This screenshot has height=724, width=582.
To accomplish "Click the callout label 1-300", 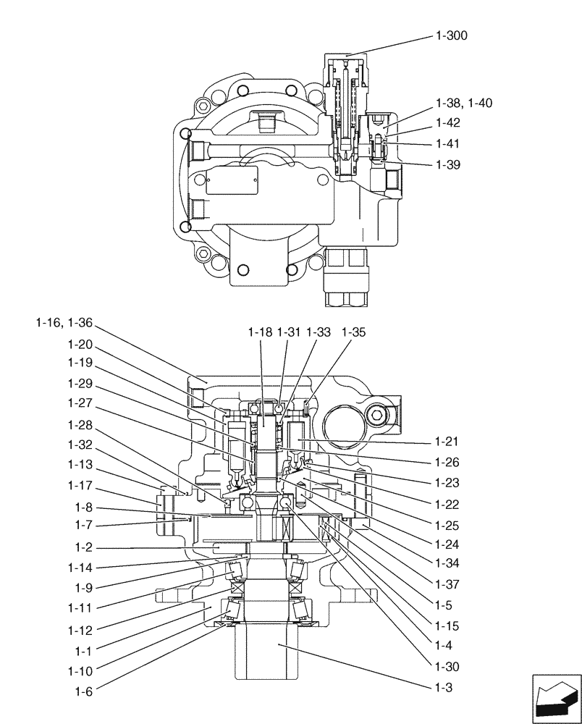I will (452, 35).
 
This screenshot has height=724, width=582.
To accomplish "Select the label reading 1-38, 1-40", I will (464, 103).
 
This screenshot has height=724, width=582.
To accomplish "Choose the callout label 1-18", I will (259, 332).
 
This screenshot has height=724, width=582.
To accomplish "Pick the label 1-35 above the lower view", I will (354, 332).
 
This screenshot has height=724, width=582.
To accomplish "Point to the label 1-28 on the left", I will (81, 424).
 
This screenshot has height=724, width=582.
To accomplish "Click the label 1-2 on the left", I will (84, 548).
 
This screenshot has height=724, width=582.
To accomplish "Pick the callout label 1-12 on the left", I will (81, 631).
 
